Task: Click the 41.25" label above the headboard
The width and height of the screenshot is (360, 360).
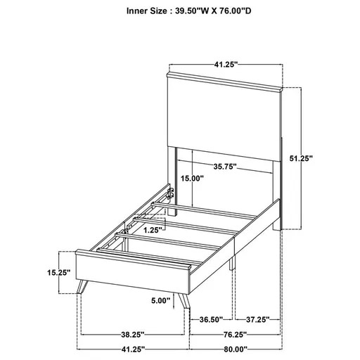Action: point(226,63)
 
